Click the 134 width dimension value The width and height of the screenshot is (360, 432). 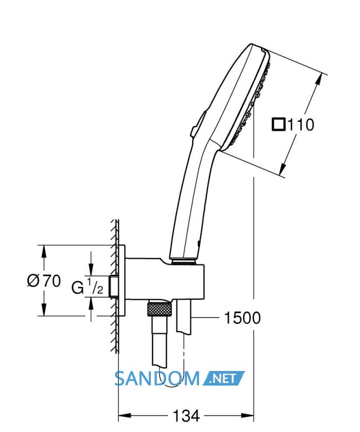(x=186, y=416)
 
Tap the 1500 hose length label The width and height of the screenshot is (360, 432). (x=242, y=318)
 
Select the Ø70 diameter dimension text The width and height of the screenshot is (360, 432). (x=44, y=281)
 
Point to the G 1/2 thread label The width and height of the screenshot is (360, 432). (x=87, y=287)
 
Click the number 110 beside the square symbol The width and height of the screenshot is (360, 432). (x=301, y=125)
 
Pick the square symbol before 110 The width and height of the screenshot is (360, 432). (x=279, y=124)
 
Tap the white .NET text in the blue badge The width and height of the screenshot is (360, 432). (x=223, y=379)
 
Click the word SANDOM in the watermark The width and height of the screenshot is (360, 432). (x=157, y=379)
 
